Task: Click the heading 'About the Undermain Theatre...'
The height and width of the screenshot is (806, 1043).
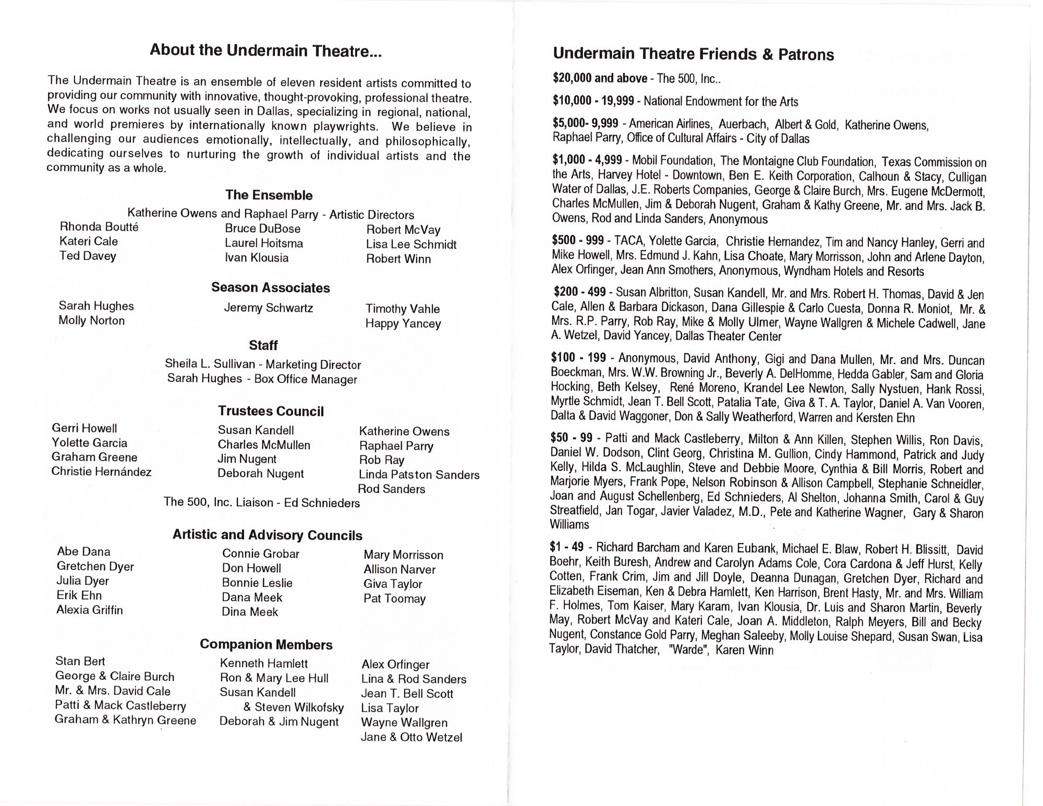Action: [265, 51]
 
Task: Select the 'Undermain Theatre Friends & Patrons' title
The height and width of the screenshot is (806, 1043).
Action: [693, 54]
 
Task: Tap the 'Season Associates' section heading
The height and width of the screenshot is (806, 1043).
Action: [270, 287]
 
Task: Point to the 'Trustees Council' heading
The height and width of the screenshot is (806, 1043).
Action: [271, 411]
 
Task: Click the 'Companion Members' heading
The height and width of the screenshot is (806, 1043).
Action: [266, 644]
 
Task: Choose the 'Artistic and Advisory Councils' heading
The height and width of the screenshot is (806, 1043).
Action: [267, 535]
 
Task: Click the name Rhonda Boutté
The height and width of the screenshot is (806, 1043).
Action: [99, 227]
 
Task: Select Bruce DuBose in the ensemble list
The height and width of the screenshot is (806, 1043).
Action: [262, 228]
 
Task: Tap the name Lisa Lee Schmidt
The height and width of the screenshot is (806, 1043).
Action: [411, 244]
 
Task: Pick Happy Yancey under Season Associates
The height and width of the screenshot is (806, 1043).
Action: [403, 323]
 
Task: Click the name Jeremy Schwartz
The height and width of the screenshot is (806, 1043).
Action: [268, 308]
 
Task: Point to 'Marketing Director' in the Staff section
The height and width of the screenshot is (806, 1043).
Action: [313, 365]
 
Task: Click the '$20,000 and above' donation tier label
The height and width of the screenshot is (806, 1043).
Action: [600, 78]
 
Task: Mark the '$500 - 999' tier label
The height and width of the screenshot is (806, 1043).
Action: [578, 240]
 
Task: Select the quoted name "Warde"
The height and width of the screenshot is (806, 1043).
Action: [688, 650]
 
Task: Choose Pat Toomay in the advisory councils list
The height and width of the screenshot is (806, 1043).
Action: [394, 598]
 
